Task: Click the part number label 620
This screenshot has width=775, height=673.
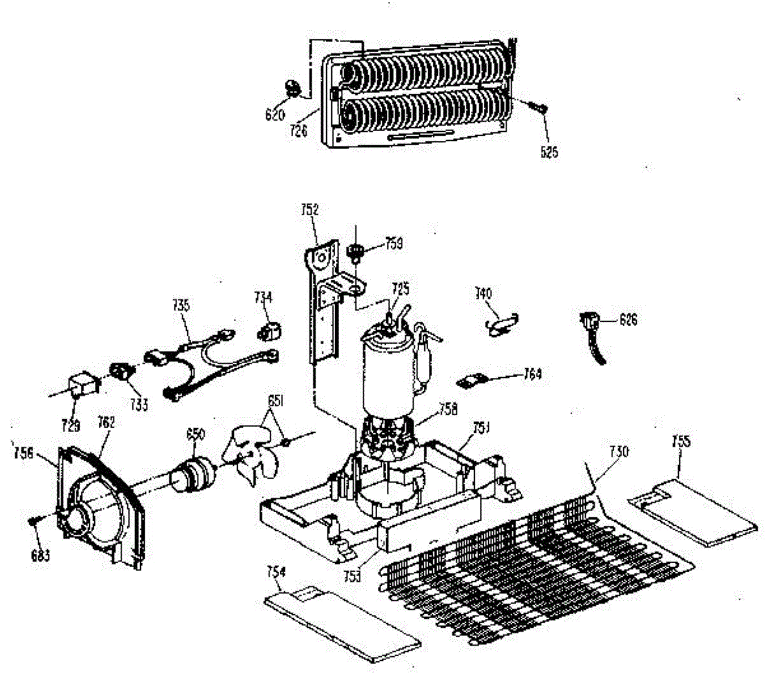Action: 274,116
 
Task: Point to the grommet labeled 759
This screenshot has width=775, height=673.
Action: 354,251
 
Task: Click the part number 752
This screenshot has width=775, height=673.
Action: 310,209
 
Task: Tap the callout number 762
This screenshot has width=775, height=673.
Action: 106,422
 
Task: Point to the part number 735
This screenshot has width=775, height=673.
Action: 181,305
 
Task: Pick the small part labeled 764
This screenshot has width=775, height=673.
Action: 470,380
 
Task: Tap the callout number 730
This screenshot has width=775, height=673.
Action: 618,451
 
